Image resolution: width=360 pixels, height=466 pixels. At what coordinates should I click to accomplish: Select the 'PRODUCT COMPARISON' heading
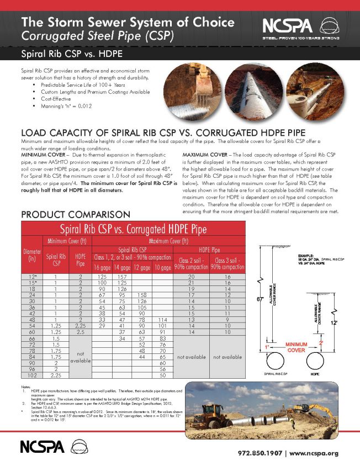(75, 214)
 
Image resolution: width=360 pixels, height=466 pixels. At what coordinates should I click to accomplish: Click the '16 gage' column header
(102, 268)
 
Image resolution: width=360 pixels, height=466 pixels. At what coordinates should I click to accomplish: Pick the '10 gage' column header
(162, 268)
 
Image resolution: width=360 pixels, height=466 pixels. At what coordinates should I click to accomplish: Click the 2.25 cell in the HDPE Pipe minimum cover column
(80, 326)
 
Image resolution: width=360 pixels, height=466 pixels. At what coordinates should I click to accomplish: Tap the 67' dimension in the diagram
(260, 299)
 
